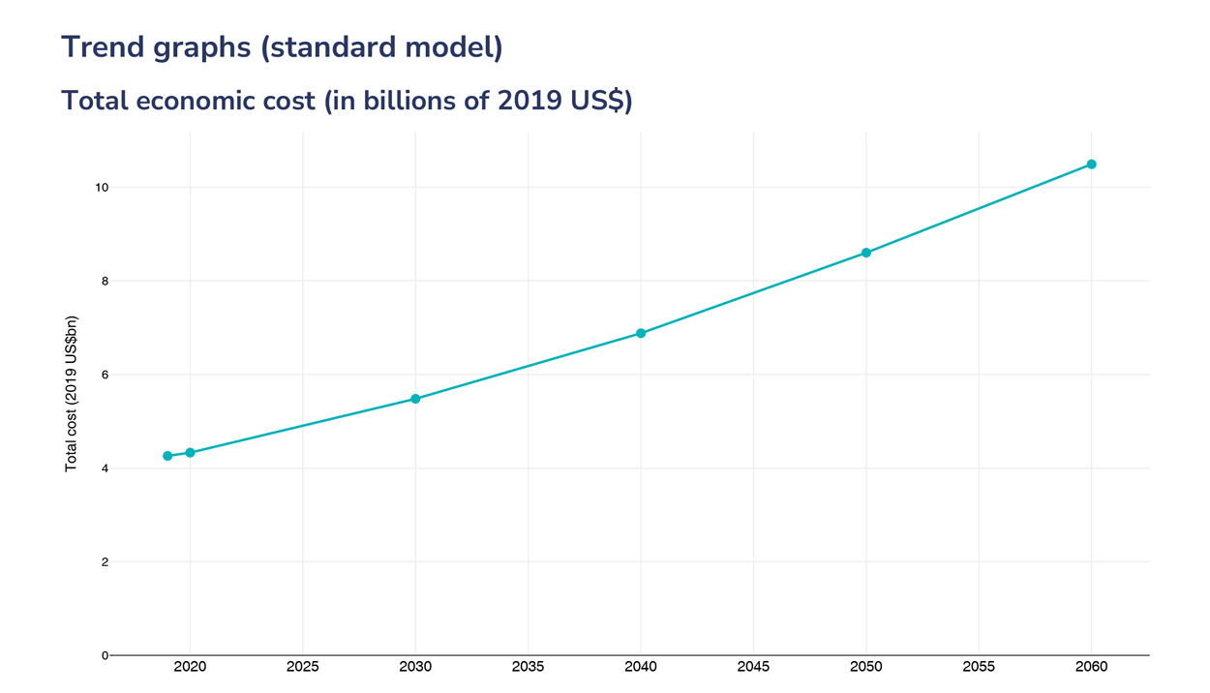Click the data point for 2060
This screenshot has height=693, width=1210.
coord(1091,165)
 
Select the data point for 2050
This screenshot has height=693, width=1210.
coord(866,253)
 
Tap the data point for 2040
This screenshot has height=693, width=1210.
coord(641,333)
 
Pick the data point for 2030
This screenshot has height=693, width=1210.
coord(415,399)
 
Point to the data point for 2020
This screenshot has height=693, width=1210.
coord(190,452)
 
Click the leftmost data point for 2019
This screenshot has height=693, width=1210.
coord(167,456)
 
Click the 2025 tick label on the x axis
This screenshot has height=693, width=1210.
coord(303,667)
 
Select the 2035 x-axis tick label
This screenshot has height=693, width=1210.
coord(528,667)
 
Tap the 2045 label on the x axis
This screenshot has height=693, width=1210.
coord(753,667)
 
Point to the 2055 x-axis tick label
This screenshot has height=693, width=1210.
coord(979,667)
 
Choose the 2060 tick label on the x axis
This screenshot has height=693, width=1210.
coord(1091,667)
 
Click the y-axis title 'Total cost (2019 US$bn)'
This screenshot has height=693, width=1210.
coord(71,395)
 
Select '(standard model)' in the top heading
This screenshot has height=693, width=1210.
coord(381,47)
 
